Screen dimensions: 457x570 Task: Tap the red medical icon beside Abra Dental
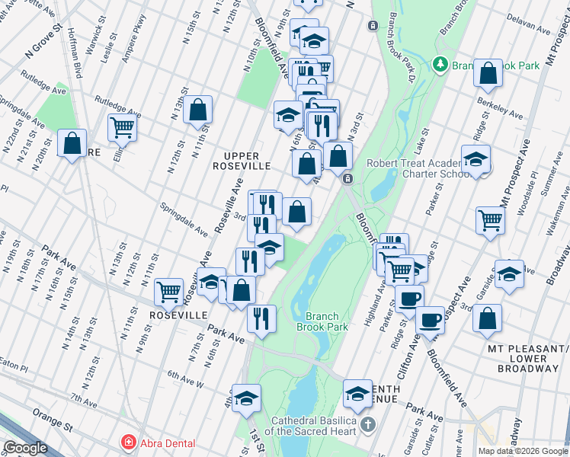point(128,443)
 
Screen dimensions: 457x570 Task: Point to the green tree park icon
point(440,66)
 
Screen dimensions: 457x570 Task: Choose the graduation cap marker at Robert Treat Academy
point(476,160)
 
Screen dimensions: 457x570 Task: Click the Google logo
point(25,448)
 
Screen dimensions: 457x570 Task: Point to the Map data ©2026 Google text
point(523,451)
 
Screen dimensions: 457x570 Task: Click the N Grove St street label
point(41,51)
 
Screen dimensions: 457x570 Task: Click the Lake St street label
point(419,138)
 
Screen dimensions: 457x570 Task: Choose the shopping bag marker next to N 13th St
point(197,109)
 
